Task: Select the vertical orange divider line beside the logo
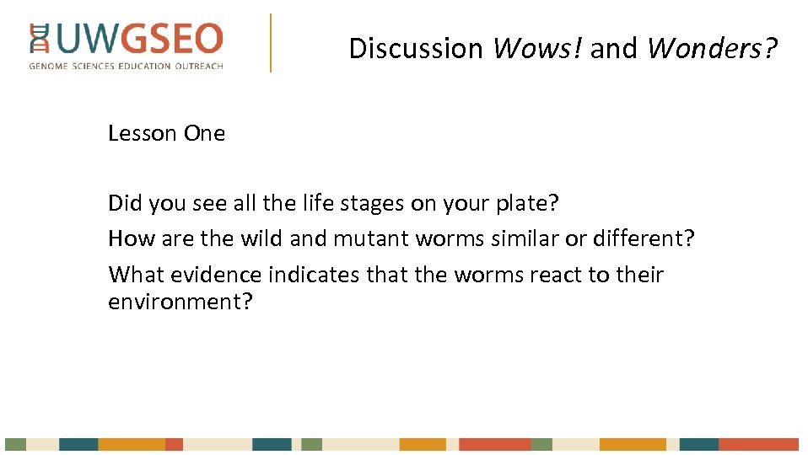pyautogui.click(x=271, y=42)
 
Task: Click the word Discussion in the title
pyautogui.click(x=416, y=49)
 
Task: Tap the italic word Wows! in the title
pyautogui.click(x=538, y=49)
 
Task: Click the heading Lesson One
pyautogui.click(x=166, y=133)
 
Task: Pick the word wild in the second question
pyautogui.click(x=261, y=238)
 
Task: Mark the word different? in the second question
pyautogui.click(x=642, y=238)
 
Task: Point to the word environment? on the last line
pyautogui.click(x=180, y=302)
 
